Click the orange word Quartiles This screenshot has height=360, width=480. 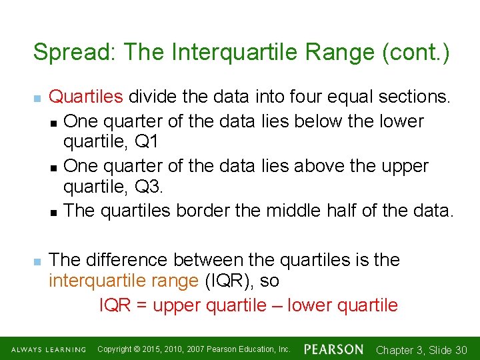(86, 97)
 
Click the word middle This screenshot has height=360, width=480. (295, 211)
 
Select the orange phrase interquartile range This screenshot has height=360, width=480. (124, 281)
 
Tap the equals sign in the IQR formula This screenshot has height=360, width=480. (141, 306)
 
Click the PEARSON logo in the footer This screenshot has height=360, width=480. (333, 349)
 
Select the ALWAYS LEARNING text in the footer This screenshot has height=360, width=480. (48, 350)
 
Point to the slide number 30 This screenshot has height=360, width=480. (460, 350)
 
